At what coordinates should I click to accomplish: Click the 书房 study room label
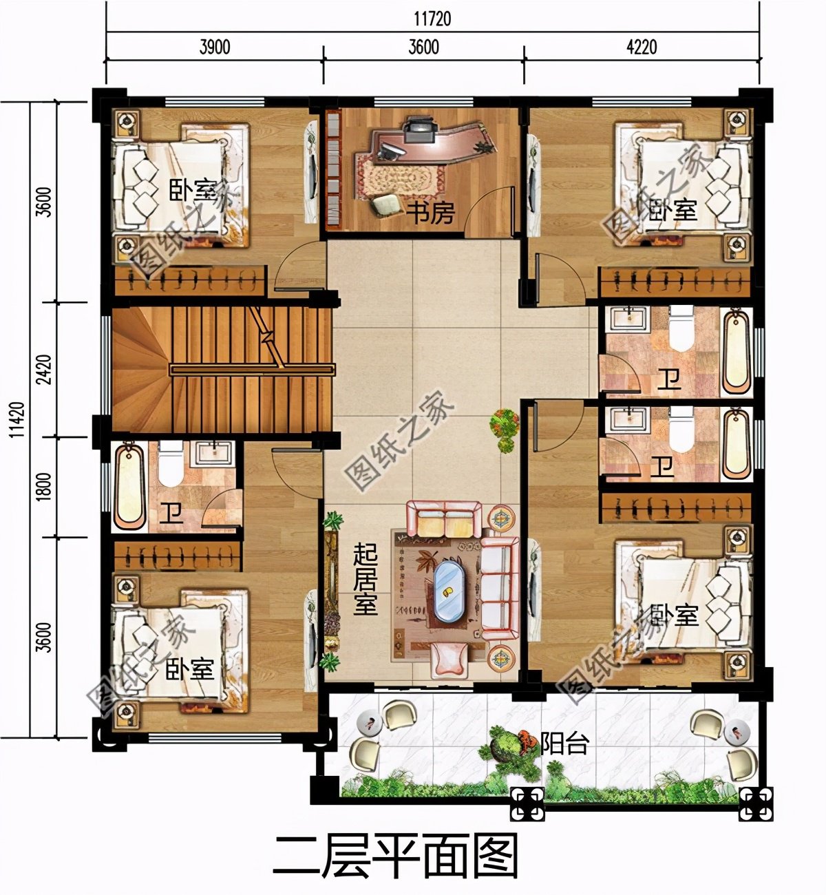coord(430,213)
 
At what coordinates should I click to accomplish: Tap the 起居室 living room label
coord(365,579)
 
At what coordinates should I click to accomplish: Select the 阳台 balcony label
coord(564,744)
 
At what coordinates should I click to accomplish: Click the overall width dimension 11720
coord(433,19)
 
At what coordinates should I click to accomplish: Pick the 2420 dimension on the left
coord(43,370)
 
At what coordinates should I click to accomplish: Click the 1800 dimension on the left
coord(43,487)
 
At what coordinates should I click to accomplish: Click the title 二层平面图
coord(395,856)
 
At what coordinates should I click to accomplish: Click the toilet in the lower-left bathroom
coord(169,465)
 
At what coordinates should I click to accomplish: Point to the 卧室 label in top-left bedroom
coord(192,189)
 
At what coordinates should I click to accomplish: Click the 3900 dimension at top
coord(214,48)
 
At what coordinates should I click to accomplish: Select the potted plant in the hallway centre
coord(505,430)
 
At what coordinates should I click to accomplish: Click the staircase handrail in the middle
coord(251,370)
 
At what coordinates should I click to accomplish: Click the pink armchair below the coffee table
coord(450,658)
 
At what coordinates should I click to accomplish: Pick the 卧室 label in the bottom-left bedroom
coord(189,668)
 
